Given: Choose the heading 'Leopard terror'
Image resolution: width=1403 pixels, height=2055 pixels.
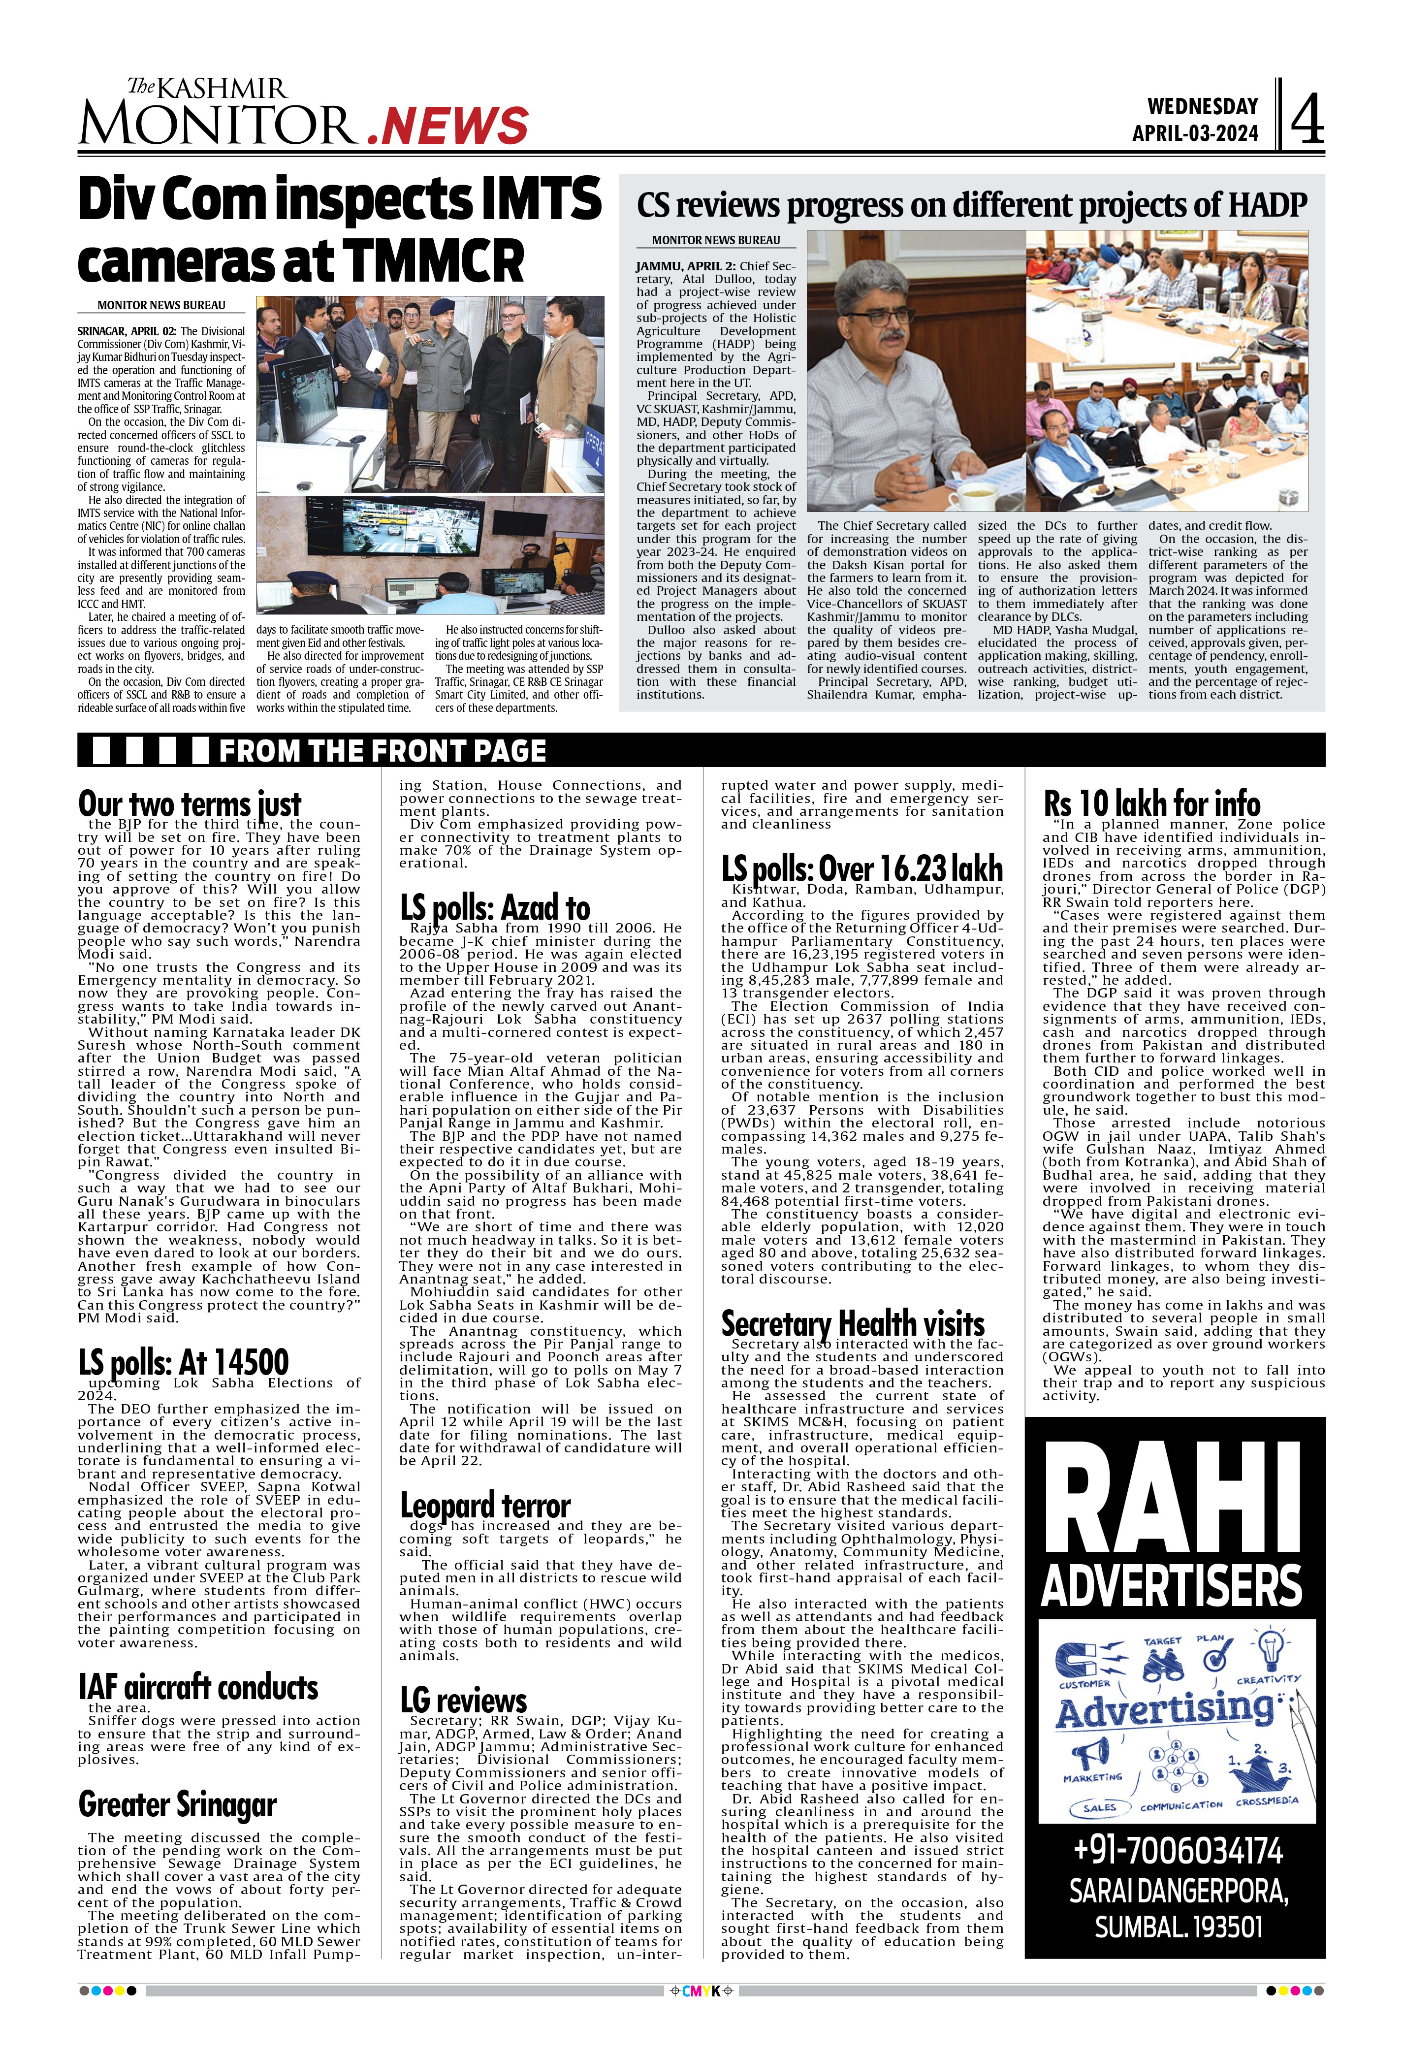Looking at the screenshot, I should click(484, 1505).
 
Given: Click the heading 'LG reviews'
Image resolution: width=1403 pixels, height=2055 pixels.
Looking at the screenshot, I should click(463, 1700).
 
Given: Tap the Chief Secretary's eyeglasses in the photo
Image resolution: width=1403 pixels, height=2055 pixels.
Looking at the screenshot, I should click(881, 316).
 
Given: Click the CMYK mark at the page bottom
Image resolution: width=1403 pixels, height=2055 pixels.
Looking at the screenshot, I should click(701, 1991).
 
